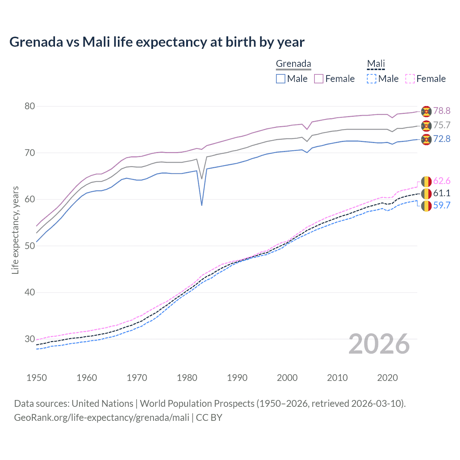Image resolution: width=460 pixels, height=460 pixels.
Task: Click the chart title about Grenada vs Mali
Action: pyautogui.click(x=157, y=42)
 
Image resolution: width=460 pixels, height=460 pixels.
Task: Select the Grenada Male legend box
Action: pyautogui.click(x=281, y=79)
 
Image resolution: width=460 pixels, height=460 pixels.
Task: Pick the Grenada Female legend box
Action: pyautogui.click(x=319, y=79)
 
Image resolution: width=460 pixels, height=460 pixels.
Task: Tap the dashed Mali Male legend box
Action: pyautogui.click(x=372, y=79)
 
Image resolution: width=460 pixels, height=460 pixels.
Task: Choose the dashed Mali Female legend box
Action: pyautogui.click(x=410, y=79)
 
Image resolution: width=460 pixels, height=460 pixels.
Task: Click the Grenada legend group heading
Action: pyautogui.click(x=293, y=64)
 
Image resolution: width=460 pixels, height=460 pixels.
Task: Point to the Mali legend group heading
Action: pyautogui.click(x=376, y=64)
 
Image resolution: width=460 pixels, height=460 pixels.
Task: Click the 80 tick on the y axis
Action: pyautogui.click(x=30, y=106)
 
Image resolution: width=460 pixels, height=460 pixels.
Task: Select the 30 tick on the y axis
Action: pyautogui.click(x=30, y=339)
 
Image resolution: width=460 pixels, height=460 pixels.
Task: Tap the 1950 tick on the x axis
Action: pyautogui.click(x=37, y=378)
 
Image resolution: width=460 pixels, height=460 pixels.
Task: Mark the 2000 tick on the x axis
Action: pyautogui.click(x=287, y=378)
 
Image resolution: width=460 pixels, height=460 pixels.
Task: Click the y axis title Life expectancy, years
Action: pyautogui.click(x=15, y=230)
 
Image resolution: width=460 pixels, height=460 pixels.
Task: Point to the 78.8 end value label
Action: pyautogui.click(x=442, y=111)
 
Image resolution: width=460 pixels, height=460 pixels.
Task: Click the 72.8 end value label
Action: pyautogui.click(x=442, y=139)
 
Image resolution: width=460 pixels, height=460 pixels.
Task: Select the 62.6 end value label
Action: pyautogui.click(x=442, y=181)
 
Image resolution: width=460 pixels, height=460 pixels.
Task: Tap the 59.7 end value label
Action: pyautogui.click(x=442, y=206)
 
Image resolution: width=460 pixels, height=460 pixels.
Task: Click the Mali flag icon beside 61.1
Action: pyautogui.click(x=426, y=193)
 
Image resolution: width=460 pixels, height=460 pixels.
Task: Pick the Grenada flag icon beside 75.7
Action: pyautogui.click(x=426, y=125)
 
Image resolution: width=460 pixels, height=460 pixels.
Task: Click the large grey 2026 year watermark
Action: pyautogui.click(x=379, y=344)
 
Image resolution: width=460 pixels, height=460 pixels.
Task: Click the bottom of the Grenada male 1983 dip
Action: pyautogui.click(x=202, y=205)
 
